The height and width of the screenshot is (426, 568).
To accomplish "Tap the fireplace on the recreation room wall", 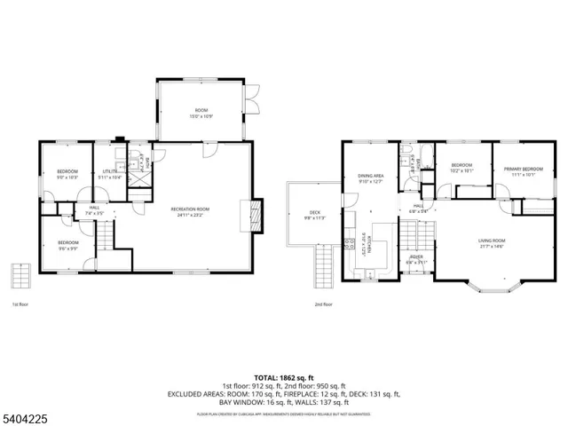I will coord(256,215).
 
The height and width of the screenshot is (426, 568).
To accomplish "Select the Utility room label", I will coord(111,174).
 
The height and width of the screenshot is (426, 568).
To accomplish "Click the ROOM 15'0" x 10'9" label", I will coord(201,113).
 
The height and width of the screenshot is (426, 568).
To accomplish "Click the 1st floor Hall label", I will coord(94,210).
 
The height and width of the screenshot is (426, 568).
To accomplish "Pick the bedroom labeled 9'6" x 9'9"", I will coord(68,246).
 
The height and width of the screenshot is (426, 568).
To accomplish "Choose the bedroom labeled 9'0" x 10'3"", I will coord(68,175).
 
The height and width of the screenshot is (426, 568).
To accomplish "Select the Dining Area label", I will coord(370,180).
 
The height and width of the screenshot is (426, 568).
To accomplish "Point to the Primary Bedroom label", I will coord(524,171).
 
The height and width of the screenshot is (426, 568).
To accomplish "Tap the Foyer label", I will coord(416,259).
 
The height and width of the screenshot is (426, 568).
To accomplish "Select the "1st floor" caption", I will coord(20,304).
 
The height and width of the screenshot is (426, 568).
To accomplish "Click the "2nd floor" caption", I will coord(323,304).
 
